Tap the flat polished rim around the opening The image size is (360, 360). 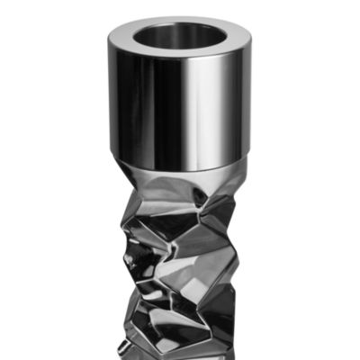coord(126,45)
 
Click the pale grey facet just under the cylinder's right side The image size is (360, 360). coord(225,184)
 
